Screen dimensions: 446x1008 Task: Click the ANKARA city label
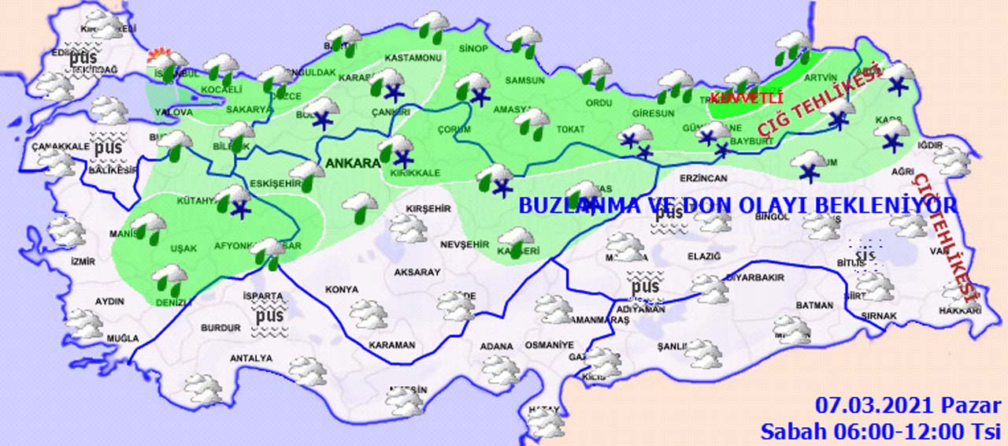point(351,164)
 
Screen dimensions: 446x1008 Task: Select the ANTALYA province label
point(250,359)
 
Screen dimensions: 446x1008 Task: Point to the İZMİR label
point(83,262)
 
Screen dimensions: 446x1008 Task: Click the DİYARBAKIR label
point(754,277)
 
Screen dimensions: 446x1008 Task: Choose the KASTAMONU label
point(413,58)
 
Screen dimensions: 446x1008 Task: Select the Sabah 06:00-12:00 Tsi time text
point(880,431)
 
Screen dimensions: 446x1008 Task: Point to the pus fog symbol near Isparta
point(269,316)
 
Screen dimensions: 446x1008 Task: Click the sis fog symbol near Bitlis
point(867,256)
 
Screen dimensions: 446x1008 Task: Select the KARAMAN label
point(391,345)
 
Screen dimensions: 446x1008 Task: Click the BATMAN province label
point(814,305)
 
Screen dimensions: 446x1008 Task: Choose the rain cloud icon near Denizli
point(169,277)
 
